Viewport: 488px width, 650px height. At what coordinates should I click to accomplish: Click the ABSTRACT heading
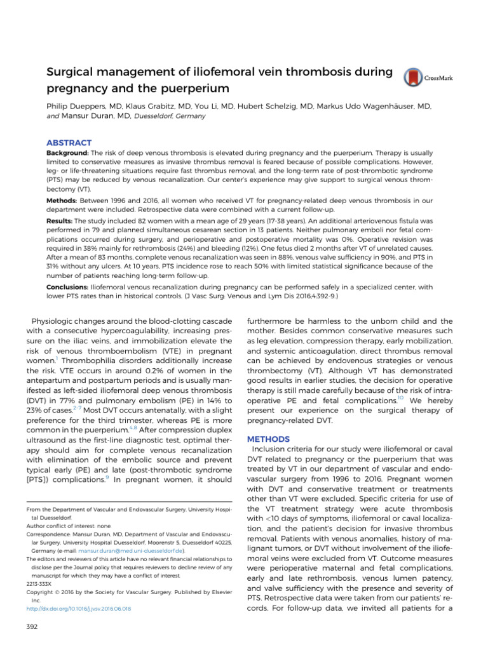click(69, 143)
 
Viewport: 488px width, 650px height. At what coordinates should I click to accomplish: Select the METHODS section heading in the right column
click(268, 439)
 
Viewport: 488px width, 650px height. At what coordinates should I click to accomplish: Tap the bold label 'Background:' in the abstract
click(68, 154)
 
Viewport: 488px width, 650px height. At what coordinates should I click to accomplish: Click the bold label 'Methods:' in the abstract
click(63, 200)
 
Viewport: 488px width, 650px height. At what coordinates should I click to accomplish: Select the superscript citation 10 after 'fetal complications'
click(400, 398)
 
